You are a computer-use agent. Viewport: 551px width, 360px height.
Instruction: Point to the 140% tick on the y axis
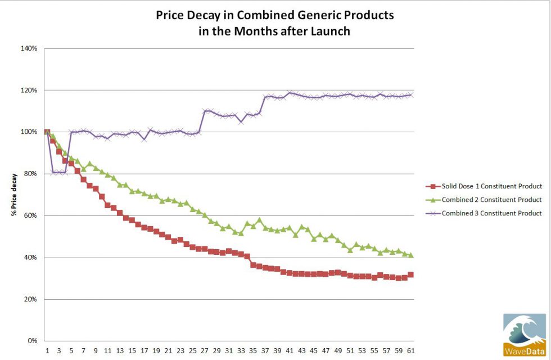click(x=30, y=48)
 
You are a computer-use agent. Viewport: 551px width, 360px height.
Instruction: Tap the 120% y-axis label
click(x=30, y=90)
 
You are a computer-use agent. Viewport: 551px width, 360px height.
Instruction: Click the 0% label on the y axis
click(x=33, y=341)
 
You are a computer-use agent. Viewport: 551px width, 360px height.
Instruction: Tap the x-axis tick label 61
click(x=411, y=350)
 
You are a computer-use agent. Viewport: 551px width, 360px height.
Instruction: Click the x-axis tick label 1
click(x=47, y=350)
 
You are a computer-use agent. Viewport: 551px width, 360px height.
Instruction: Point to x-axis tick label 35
click(x=253, y=350)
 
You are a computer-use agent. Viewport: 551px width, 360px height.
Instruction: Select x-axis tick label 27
click(x=205, y=350)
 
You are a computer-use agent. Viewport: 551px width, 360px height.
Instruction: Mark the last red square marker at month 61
click(x=411, y=274)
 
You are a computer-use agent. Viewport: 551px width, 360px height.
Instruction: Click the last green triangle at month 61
click(x=411, y=255)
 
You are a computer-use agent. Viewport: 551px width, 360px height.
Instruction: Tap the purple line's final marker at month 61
click(x=411, y=94)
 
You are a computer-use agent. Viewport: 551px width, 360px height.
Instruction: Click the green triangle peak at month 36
click(x=259, y=220)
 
